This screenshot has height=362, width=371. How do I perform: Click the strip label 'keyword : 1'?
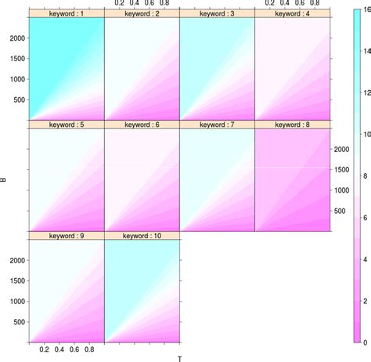[67, 14]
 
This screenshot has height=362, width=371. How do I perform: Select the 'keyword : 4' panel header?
[293, 14]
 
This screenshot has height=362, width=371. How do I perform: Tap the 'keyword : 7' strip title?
[218, 125]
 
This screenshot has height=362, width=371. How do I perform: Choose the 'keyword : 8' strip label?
[293, 125]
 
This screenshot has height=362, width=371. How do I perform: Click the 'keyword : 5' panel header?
[67, 125]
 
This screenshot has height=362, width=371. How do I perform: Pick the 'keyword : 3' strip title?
[218, 14]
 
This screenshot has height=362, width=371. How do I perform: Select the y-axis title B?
[5, 180]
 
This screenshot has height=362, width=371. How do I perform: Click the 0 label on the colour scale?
[364, 342]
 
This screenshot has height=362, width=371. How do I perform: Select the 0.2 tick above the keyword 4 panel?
[270, 4]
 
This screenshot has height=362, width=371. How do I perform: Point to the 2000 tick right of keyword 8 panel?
[343, 149]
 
